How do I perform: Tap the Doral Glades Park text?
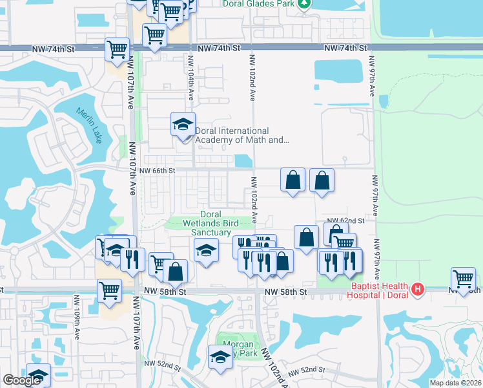click(x=258, y=4)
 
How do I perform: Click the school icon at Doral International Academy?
click(x=183, y=124)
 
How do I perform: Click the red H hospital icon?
click(x=418, y=288)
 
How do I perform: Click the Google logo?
click(x=22, y=380)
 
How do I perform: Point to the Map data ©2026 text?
click(x=455, y=383)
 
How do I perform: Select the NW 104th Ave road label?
click(x=191, y=76)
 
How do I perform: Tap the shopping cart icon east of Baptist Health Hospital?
click(x=463, y=279)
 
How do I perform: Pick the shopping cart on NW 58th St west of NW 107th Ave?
click(x=110, y=291)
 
